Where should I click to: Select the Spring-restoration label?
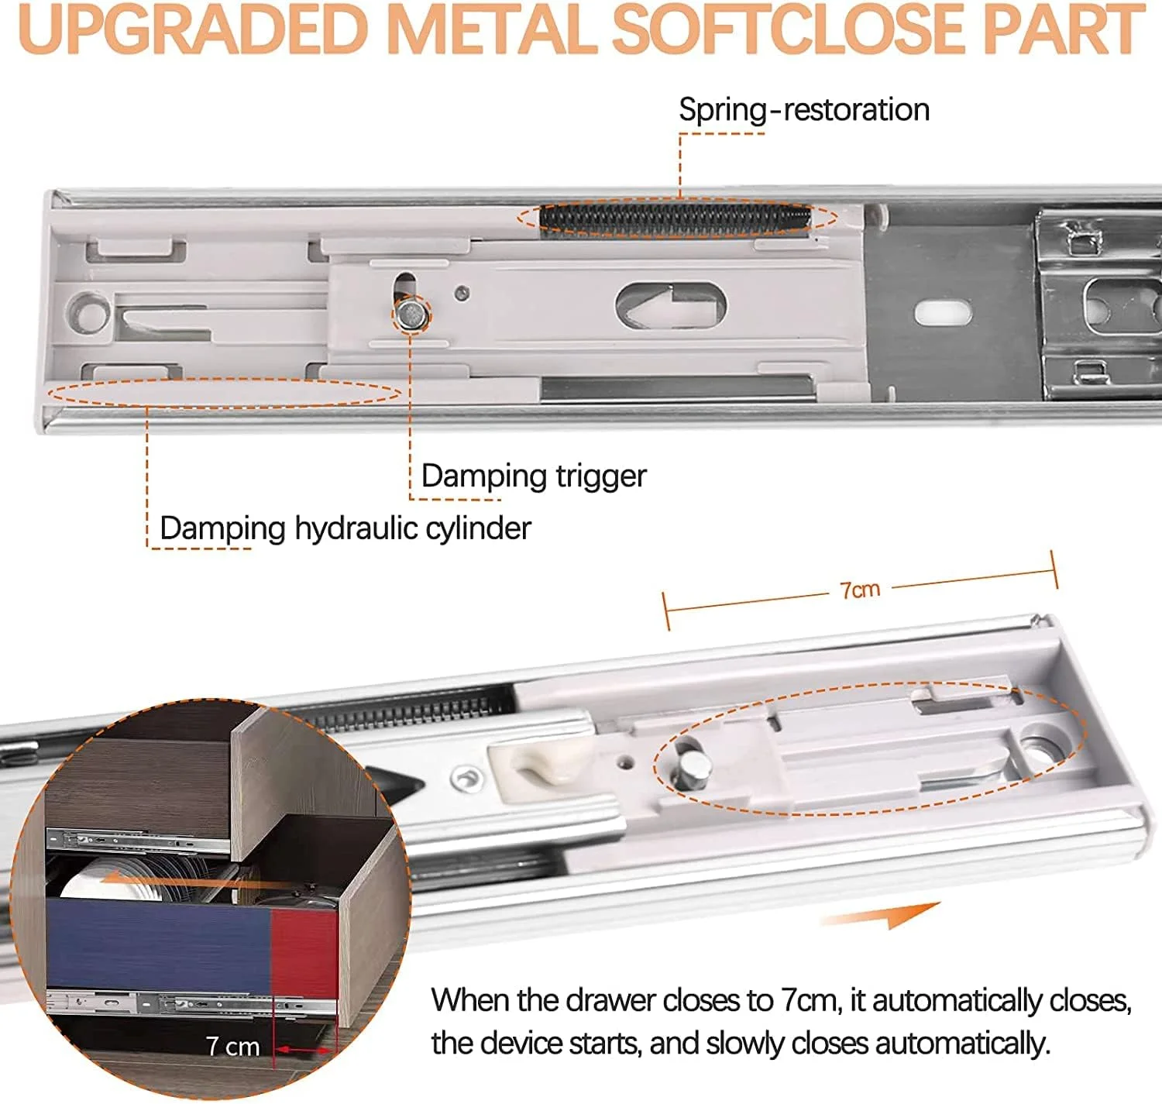[x=804, y=111]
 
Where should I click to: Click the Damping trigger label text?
[x=534, y=476]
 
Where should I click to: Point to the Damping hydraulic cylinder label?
[x=346, y=528]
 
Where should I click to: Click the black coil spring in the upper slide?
[x=675, y=218]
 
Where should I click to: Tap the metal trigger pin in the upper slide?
[x=412, y=314]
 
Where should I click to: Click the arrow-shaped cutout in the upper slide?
[x=672, y=304]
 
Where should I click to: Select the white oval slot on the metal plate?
[x=943, y=313]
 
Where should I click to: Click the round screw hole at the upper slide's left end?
[x=88, y=311]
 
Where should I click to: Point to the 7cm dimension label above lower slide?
[x=860, y=590]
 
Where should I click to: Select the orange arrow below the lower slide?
[x=882, y=915]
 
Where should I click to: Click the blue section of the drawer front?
[x=158, y=946]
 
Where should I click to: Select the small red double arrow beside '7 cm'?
[x=304, y=1051]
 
